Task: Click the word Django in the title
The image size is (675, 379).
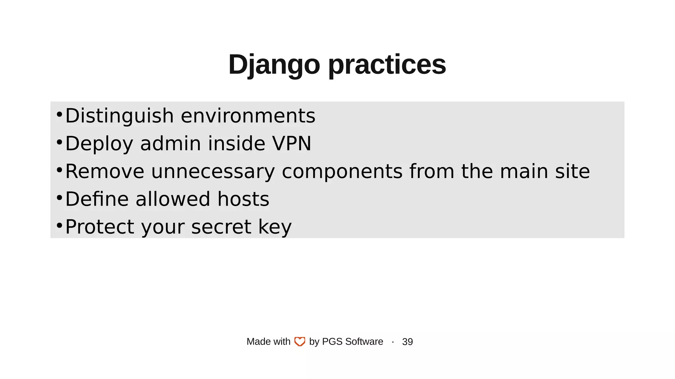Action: (274, 65)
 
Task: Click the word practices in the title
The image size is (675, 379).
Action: (387, 65)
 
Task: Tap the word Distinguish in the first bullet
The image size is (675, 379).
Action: (119, 116)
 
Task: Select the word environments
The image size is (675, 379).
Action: (248, 116)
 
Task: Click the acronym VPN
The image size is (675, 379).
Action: (291, 144)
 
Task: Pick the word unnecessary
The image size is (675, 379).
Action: (213, 172)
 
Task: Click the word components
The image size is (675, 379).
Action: (342, 172)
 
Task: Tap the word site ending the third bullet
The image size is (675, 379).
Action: (572, 172)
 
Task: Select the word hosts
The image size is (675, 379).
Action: (243, 199)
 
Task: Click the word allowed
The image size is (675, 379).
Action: (173, 199)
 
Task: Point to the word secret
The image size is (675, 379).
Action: (221, 227)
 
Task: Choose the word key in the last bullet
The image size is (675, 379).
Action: (275, 227)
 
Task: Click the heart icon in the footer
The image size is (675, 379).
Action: (300, 342)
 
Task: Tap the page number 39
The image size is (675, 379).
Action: (407, 342)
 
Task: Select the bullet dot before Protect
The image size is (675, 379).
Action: (59, 226)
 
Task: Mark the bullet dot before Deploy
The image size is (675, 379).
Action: (59, 142)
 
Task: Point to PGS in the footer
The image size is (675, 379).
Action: (332, 342)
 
